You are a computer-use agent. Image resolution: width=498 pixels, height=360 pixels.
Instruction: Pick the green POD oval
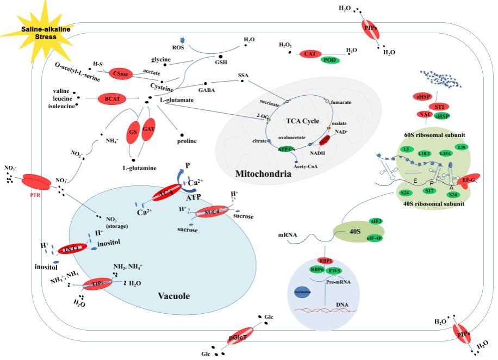[x=329, y=60]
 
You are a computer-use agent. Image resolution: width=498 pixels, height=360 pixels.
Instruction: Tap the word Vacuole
[x=173, y=296]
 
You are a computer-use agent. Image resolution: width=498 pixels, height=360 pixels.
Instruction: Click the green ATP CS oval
[x=287, y=148]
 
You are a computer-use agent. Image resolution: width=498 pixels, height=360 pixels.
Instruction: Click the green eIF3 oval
[x=375, y=221]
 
